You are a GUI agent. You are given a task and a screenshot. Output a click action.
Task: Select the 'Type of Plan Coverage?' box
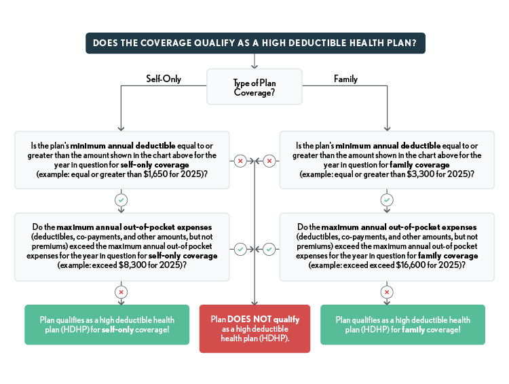pos(254,87)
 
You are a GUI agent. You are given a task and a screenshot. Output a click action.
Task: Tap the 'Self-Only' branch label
pos(164,79)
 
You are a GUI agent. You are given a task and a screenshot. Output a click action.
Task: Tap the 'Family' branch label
pos(345,79)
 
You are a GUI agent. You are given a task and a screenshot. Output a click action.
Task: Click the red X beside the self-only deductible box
pos(239,161)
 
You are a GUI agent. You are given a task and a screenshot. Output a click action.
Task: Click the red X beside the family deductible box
pos(269,161)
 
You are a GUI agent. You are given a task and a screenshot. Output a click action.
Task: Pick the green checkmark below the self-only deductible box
pos(120,201)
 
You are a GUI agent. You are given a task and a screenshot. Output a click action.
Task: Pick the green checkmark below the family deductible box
pos(387,201)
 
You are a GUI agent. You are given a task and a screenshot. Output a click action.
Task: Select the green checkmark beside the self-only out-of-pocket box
pos(239,249)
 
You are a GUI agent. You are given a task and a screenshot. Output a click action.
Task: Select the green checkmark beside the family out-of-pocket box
pos(269,249)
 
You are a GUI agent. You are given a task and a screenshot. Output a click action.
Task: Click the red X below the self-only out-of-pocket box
pos(120,292)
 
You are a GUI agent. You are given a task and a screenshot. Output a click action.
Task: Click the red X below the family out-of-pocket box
pos(387,292)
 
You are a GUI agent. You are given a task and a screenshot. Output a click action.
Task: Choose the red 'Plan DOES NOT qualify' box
pos(254,329)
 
